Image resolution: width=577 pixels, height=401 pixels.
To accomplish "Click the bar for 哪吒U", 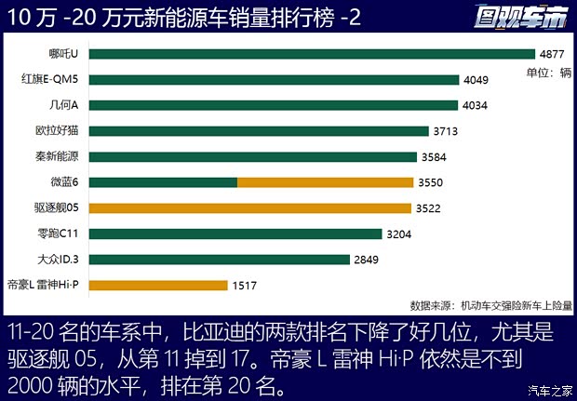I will [313, 54].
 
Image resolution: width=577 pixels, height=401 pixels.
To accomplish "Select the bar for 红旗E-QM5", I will [275, 80].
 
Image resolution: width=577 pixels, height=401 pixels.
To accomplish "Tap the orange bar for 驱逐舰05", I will [251, 207].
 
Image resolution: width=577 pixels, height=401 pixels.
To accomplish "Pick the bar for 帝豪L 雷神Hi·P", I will [159, 285].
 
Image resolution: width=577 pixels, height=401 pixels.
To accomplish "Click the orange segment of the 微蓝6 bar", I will [324, 182].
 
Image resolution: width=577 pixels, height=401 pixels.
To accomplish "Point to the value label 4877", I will [555, 54].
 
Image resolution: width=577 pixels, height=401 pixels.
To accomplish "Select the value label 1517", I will [246, 285].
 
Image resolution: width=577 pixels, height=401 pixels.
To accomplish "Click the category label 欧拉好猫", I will [57, 131].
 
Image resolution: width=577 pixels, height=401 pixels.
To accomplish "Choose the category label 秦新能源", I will [57, 156].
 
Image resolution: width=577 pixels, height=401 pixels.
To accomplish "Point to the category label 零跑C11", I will [59, 234].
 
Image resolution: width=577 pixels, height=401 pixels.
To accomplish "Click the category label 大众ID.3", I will [59, 259].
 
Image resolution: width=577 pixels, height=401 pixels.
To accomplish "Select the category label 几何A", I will [65, 105].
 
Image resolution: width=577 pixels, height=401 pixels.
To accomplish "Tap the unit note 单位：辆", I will [548, 73].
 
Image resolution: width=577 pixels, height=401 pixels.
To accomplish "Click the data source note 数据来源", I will [490, 304].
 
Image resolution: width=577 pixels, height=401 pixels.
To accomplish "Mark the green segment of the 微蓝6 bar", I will [163, 182].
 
